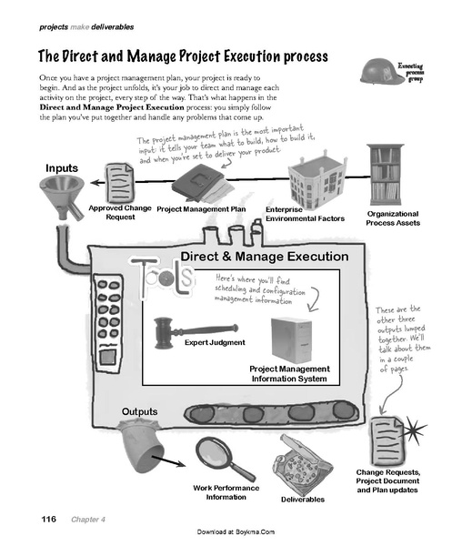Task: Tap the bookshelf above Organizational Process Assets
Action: [385, 173]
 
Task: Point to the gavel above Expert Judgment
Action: [192, 328]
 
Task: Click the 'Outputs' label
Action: [140, 412]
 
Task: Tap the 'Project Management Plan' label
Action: [202, 208]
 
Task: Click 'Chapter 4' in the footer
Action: [89, 519]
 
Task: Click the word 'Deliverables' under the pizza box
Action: [302, 499]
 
